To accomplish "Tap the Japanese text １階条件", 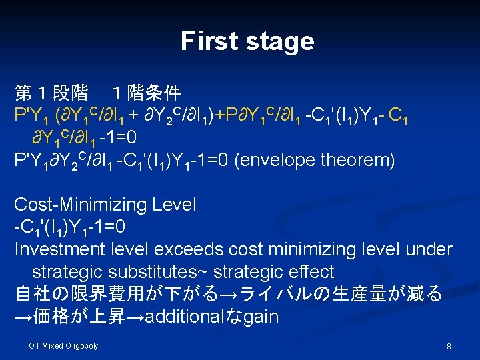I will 146,93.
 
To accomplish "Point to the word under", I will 431,249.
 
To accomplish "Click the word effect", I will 308,272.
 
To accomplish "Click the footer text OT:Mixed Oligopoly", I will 63,345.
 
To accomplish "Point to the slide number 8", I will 449,347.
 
